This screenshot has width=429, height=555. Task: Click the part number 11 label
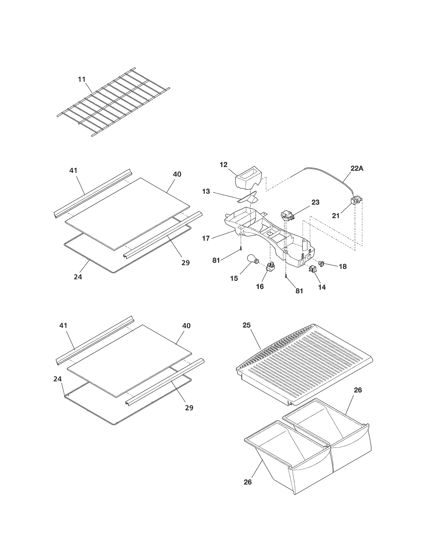[82, 79]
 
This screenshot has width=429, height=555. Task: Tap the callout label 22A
[357, 168]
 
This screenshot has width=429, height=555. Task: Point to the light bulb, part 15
[252, 260]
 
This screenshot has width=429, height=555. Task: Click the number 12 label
[223, 165]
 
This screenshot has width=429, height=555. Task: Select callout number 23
[315, 202]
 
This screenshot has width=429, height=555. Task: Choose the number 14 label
[322, 287]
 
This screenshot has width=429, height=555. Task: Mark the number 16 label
[260, 286]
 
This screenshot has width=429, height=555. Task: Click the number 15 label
[234, 278]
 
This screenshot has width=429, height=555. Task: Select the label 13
[206, 191]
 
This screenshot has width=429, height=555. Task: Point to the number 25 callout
[246, 325]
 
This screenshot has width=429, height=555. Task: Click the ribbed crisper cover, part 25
[306, 364]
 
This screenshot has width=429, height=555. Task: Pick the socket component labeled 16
[270, 267]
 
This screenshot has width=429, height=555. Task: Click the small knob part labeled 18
[321, 264]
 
